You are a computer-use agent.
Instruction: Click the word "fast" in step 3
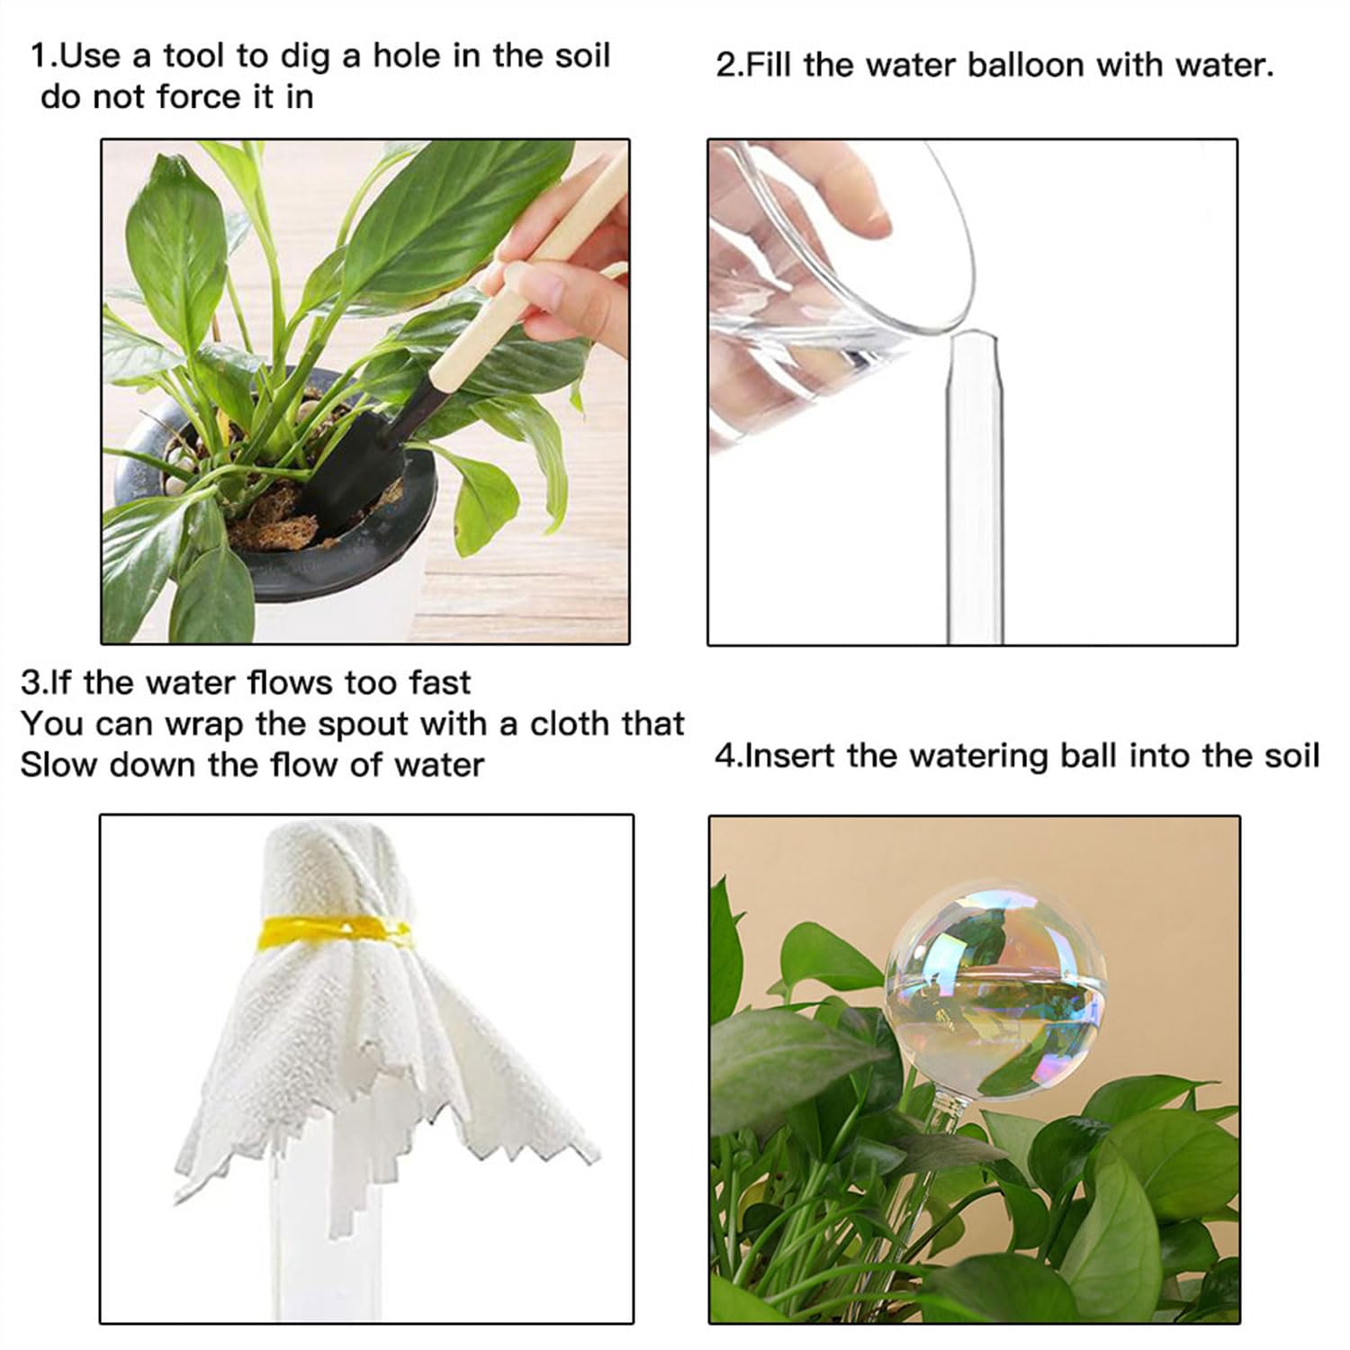pos(440,683)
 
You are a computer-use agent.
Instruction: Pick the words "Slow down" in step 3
pos(108,765)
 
